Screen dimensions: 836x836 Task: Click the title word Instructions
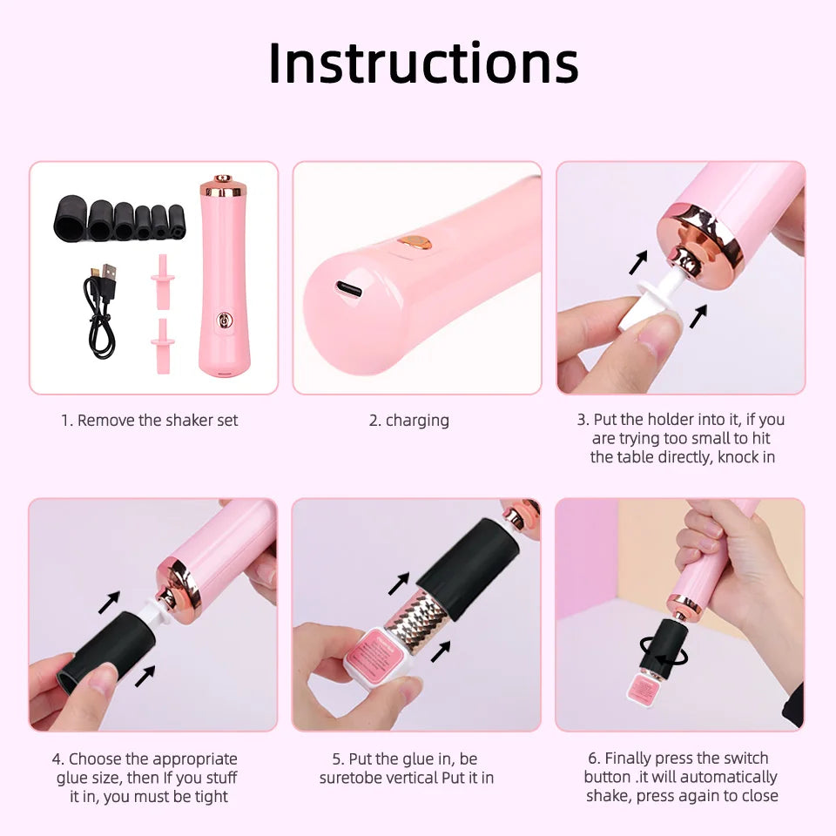pyautogui.click(x=423, y=63)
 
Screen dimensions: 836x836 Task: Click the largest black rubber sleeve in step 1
pyautogui.click(x=69, y=219)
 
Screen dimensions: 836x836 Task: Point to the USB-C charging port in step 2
pyautogui.click(x=349, y=290)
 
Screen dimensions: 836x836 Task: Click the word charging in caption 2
pyautogui.click(x=417, y=421)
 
